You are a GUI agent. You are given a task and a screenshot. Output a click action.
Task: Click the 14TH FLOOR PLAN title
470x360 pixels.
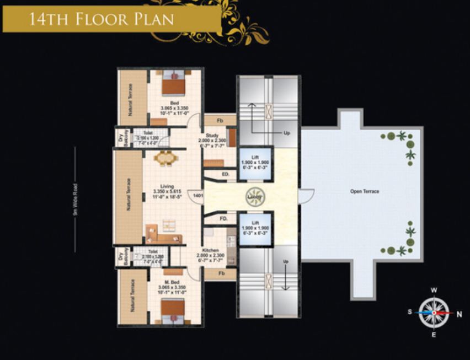(x=101, y=19)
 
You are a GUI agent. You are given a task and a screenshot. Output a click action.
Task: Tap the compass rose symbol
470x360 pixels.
(x=434, y=312)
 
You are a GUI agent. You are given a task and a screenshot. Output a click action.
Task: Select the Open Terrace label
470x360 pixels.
(x=365, y=191)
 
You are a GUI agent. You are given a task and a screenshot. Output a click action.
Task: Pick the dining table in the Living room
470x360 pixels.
(x=165, y=158)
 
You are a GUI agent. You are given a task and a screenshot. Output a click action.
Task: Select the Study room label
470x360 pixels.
(x=212, y=135)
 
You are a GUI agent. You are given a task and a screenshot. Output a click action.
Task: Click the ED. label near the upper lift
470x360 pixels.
(x=225, y=174)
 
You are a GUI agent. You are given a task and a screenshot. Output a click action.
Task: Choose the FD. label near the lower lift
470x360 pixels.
(x=223, y=218)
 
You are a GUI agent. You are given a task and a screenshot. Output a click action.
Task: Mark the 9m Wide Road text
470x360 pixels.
(x=76, y=199)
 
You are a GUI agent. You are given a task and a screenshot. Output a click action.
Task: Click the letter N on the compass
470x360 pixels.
(x=459, y=313)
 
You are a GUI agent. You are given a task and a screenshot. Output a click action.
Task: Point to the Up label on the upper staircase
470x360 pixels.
(x=286, y=133)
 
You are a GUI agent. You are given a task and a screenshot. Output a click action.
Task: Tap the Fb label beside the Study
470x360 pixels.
(x=220, y=121)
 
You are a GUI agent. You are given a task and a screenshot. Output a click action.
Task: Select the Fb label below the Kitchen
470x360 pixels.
(x=221, y=273)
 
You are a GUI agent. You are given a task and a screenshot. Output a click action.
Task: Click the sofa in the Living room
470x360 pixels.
(x=164, y=237)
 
